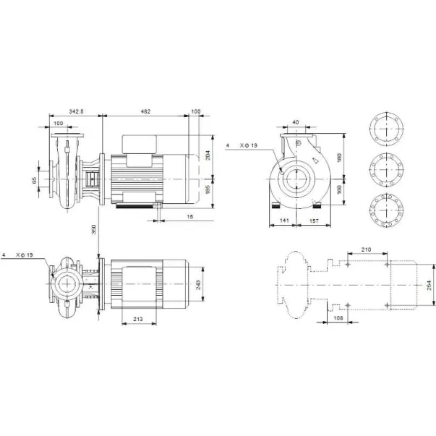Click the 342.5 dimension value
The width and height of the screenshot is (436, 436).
[76, 111]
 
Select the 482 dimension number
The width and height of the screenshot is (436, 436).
[145, 111]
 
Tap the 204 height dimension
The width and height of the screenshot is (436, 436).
[208, 155]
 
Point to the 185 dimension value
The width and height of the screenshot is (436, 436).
[208, 189]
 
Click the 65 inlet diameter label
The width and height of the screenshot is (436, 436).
[35, 180]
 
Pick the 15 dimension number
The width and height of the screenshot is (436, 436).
[189, 217]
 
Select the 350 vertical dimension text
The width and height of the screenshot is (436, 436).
[94, 229]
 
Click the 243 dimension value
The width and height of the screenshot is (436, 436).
[198, 285]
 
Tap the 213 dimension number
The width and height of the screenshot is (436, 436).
[138, 319]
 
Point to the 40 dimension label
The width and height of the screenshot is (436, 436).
[296, 122]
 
